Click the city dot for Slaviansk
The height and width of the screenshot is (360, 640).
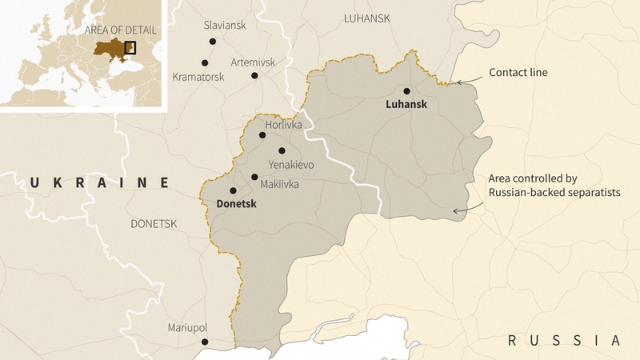click(x=212, y=42)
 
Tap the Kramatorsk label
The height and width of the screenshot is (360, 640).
click(x=198, y=77)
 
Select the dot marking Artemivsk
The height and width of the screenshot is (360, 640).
click(x=254, y=76)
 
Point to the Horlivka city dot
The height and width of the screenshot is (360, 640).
click(x=262, y=135)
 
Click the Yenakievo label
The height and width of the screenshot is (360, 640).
click(x=291, y=165)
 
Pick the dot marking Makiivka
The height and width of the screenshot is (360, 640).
click(x=254, y=177)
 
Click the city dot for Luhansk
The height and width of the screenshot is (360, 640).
click(x=406, y=90)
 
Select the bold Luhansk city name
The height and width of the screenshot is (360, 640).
click(x=406, y=105)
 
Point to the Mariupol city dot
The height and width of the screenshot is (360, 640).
click(x=205, y=342)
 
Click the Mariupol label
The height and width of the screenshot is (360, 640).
click(x=187, y=328)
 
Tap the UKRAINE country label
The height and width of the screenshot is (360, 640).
click(x=99, y=183)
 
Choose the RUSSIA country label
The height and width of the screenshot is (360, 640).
click(x=564, y=341)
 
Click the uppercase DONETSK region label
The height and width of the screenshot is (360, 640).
click(x=154, y=224)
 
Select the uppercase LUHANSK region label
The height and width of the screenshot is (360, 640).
click(x=366, y=18)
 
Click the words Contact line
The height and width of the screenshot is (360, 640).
click(x=518, y=72)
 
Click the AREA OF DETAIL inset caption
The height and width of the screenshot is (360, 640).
click(x=121, y=30)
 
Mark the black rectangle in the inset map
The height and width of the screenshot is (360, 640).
click(x=130, y=47)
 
